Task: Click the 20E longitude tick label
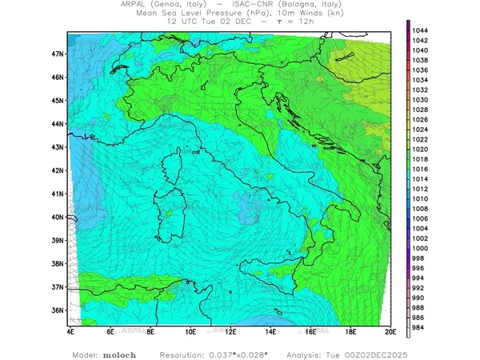coord(390,330)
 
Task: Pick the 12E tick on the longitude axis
coord(230,330)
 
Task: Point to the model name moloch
coord(119,354)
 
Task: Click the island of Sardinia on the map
coord(167,222)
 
